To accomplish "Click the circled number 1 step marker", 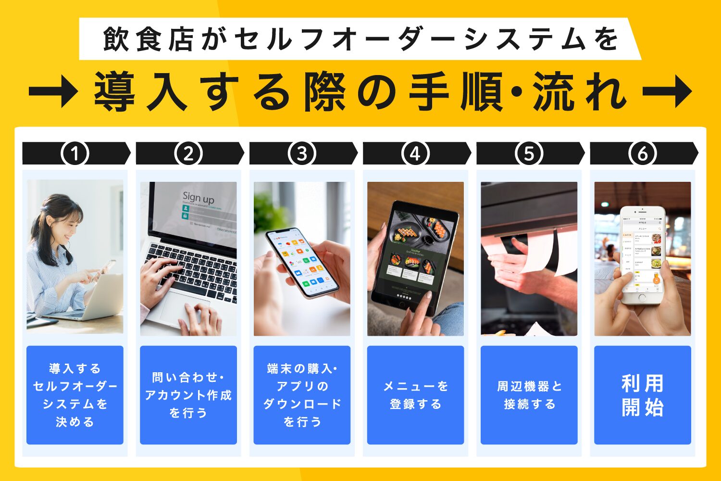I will [x=75, y=154].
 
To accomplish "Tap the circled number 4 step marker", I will [x=415, y=154].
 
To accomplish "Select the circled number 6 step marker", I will [x=642, y=154].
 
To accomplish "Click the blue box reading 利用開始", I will [x=642, y=395].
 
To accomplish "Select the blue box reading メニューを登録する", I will [x=415, y=395].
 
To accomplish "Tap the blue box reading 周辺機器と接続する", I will [x=529, y=395].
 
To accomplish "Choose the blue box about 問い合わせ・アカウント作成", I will [x=188, y=395].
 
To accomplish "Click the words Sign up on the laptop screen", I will [x=198, y=197].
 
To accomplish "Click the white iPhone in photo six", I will [x=642, y=255].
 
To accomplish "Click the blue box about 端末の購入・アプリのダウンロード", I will [x=302, y=395].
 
